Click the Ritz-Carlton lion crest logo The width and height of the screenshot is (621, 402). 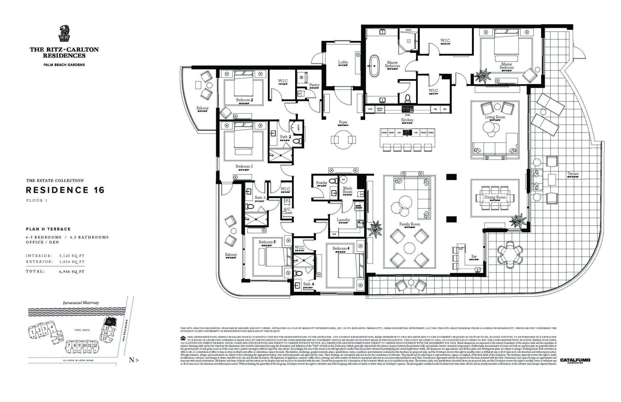(64, 33)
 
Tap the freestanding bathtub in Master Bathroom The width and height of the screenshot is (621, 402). (374, 66)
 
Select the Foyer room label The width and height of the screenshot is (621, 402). (343, 122)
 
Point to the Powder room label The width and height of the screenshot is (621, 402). (321, 183)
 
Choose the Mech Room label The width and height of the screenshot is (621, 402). (347, 190)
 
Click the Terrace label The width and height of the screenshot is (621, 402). (573, 174)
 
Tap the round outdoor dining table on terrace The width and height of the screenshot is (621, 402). (510, 255)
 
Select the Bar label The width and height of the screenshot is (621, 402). (474, 256)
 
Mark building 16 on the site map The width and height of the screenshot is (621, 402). (108, 322)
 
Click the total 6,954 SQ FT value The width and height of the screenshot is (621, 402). (72, 272)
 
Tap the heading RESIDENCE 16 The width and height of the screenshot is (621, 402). (65, 190)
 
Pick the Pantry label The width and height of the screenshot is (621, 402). (314, 85)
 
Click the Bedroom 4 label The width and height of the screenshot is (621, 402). (341, 248)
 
